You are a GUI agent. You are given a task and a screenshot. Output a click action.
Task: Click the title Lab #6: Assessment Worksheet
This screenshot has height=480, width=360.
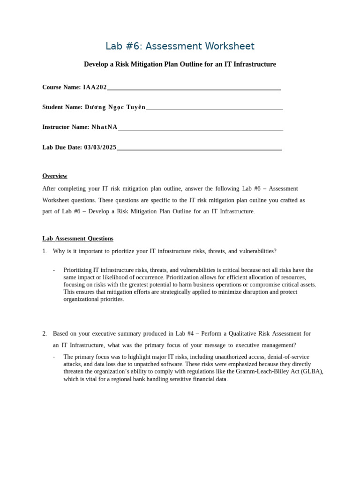click(x=180, y=46)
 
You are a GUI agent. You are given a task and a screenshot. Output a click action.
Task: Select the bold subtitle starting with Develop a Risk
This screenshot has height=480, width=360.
click(x=180, y=64)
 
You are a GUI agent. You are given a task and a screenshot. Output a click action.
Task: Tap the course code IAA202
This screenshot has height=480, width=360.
click(x=95, y=87)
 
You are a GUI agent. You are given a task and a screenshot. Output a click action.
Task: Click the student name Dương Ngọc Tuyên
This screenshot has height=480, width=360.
click(x=115, y=107)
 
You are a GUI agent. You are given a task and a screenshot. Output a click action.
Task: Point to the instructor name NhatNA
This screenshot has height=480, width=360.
click(x=104, y=127)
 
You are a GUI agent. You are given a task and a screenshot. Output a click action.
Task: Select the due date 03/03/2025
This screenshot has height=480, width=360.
click(x=100, y=147)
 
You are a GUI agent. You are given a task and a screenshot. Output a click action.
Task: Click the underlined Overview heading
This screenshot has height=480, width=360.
click(x=55, y=176)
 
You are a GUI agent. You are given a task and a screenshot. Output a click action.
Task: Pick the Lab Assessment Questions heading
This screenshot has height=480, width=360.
click(x=78, y=239)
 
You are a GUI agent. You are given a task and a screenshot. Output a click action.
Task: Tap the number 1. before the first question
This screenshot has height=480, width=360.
click(x=45, y=251)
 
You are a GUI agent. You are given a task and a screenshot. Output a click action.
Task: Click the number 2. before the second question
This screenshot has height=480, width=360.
click(x=45, y=334)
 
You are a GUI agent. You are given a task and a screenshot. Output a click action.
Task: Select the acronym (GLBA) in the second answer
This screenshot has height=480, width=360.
click(x=312, y=372)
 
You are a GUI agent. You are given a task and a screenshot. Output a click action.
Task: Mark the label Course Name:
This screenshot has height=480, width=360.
click(x=61, y=87)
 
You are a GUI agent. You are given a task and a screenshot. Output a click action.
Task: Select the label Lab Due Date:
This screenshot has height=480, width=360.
click(x=62, y=147)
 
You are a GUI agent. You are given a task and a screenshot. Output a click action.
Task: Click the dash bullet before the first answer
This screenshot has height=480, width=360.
click(x=54, y=270)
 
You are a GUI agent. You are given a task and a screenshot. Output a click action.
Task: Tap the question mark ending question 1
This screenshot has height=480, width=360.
click(x=275, y=251)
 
